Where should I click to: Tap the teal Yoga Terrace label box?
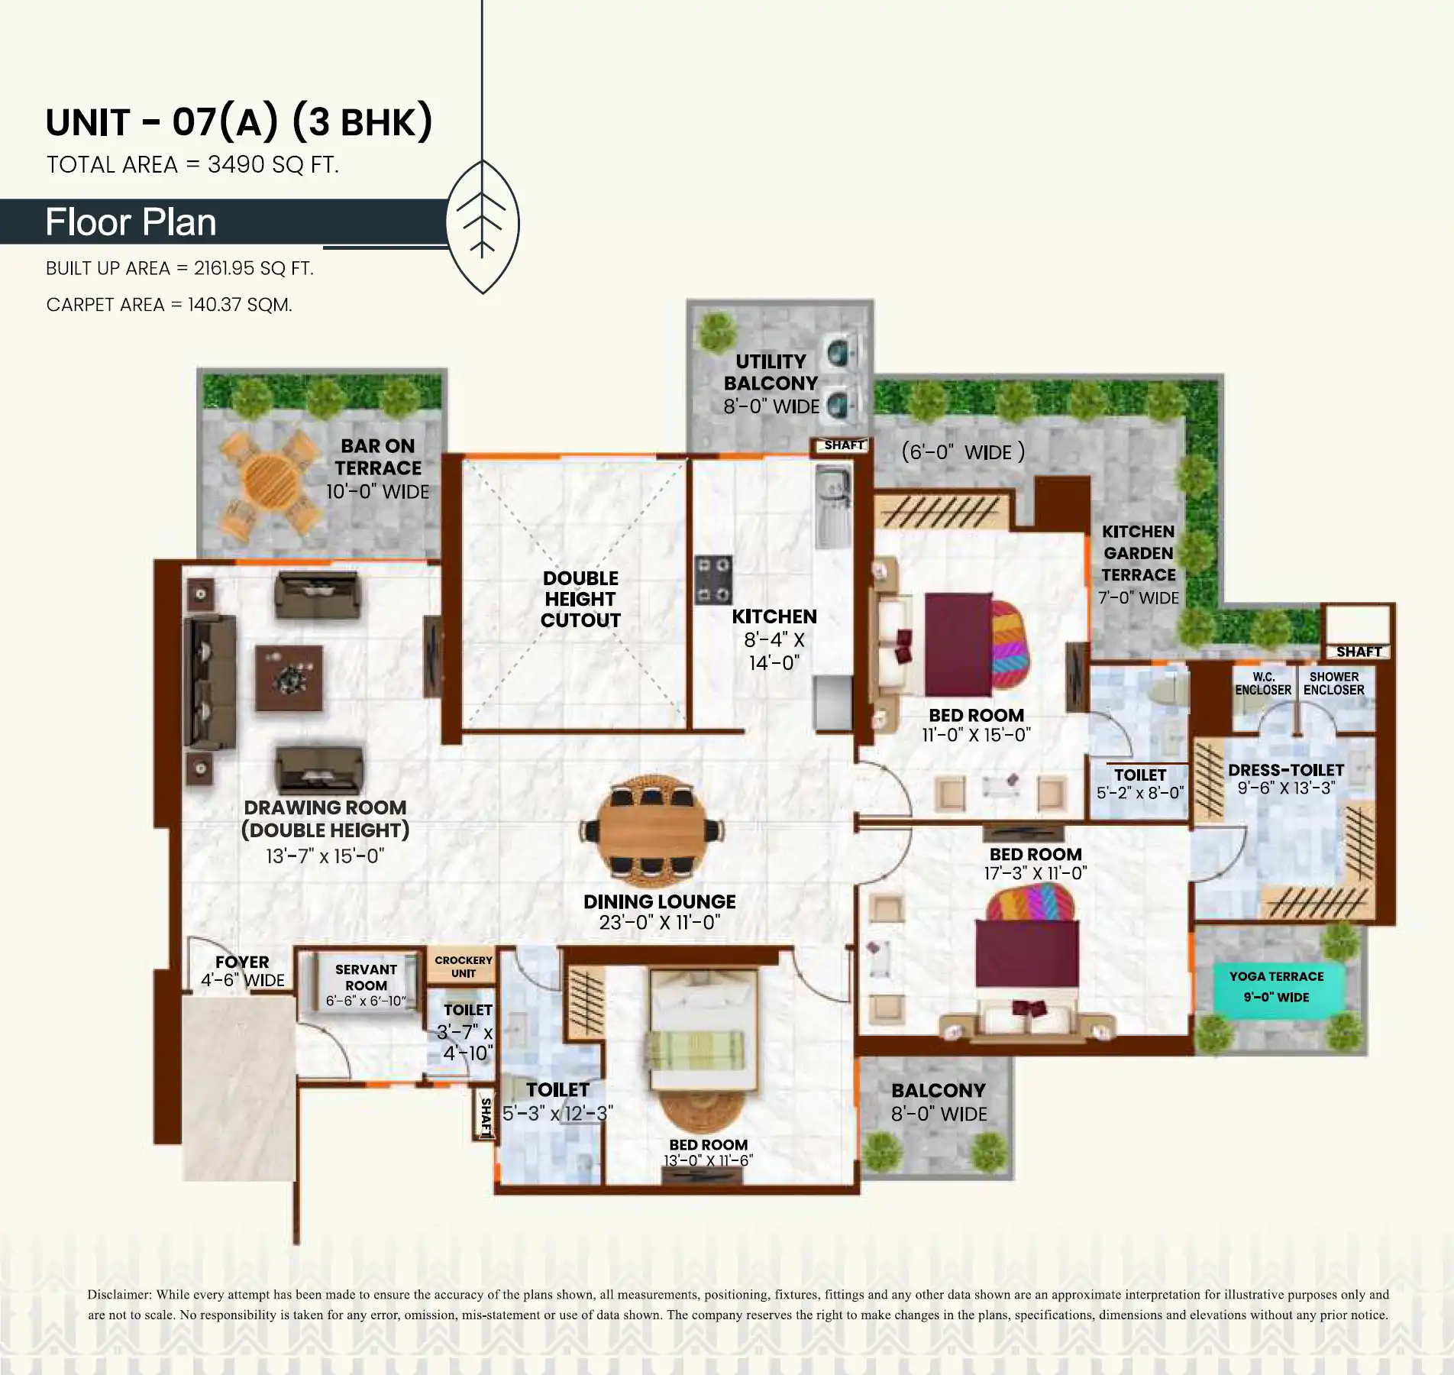[1276, 986]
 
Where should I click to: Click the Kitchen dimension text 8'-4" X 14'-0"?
[774, 651]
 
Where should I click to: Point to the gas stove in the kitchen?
[713, 580]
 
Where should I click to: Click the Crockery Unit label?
[464, 966]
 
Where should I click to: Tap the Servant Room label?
[366, 977]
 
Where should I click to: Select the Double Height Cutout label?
[580, 599]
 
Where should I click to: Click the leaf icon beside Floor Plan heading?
[482, 226]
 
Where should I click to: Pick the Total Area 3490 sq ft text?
[192, 164]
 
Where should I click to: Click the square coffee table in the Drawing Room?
[289, 678]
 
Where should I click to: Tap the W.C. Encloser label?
[1263, 683]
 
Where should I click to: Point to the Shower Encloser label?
[1334, 683]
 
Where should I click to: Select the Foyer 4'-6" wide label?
[243, 971]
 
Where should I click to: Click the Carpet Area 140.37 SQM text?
[169, 305]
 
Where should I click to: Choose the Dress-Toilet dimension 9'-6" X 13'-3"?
[1286, 788]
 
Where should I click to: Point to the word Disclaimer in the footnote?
[119, 1295]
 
